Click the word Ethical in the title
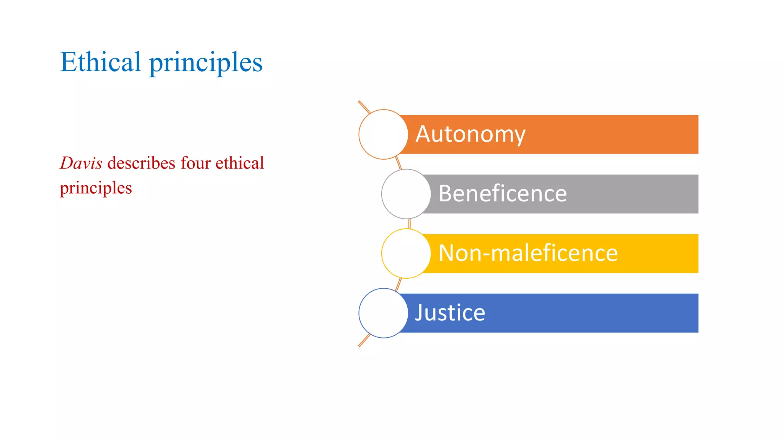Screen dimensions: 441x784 pos(100,62)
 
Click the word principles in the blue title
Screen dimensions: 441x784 pos(206,63)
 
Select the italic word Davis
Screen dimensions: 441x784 pos(81,163)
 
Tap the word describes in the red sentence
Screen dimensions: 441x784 pos(141,163)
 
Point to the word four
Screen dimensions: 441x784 pos(196,163)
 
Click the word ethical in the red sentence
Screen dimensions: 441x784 pos(240,163)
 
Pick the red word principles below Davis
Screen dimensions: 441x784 pos(96,188)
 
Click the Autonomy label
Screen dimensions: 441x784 pos(470,134)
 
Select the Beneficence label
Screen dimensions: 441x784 pos(502,194)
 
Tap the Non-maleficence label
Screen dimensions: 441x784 pos(528,253)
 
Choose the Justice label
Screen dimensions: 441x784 pos(450,313)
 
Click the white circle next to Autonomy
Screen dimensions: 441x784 pos(383,134)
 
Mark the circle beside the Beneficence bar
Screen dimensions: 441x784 pos(406,194)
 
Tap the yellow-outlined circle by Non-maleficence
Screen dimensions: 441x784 pos(406,253)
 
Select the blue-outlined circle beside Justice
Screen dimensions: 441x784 pos(383,313)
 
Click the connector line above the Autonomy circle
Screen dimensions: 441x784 pos(364,107)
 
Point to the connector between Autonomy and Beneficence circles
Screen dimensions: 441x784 pos(399,163)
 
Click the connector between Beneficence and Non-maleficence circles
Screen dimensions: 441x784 pos(409,224)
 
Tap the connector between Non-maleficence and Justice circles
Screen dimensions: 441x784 pos(399,284)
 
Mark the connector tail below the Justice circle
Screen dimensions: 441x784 pos(364,340)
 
